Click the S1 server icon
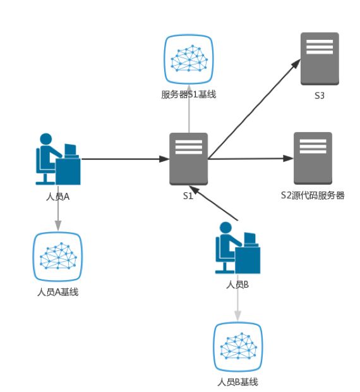click(x=189, y=159)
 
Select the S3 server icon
click(x=319, y=59)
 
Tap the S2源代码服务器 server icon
click(x=313, y=159)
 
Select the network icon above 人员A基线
click(x=57, y=257)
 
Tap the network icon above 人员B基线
click(x=237, y=347)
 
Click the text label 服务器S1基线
click(x=189, y=94)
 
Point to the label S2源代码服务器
click(x=313, y=195)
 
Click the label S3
click(x=319, y=96)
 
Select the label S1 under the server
click(x=188, y=195)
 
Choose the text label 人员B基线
click(x=237, y=382)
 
